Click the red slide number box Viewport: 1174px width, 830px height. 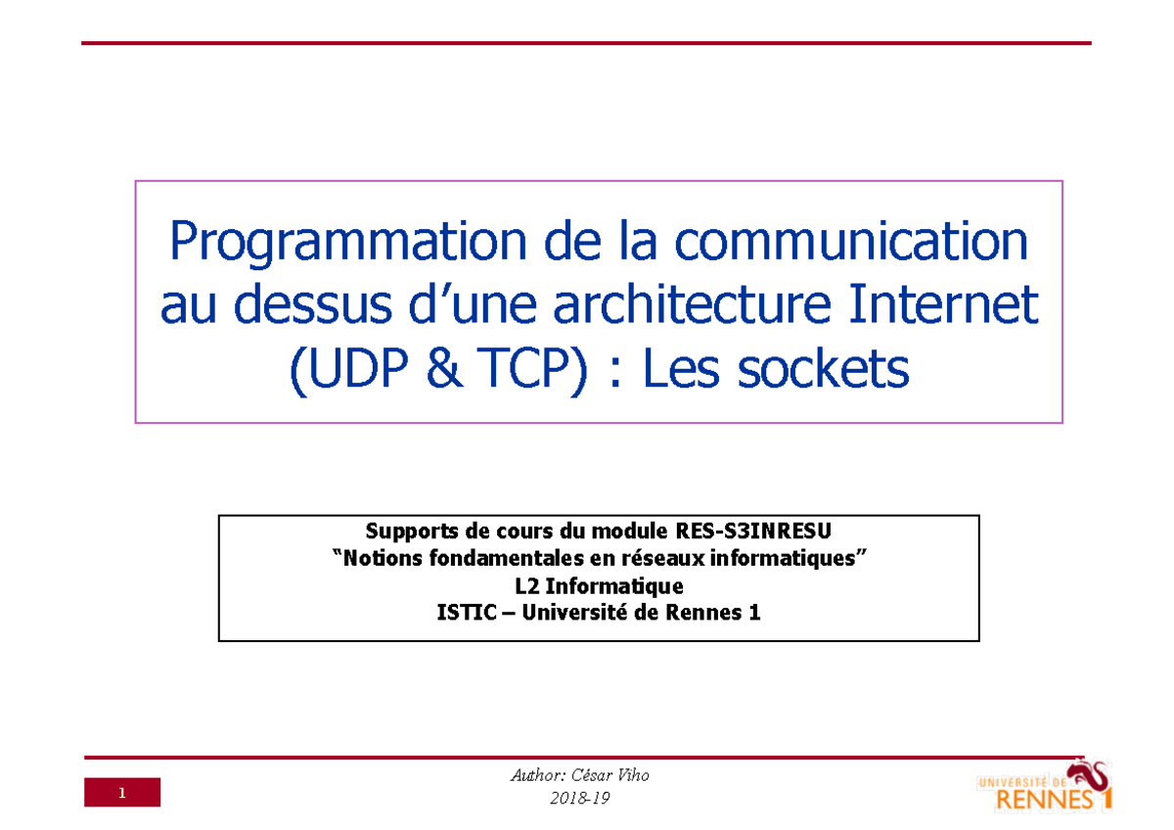(x=121, y=793)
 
